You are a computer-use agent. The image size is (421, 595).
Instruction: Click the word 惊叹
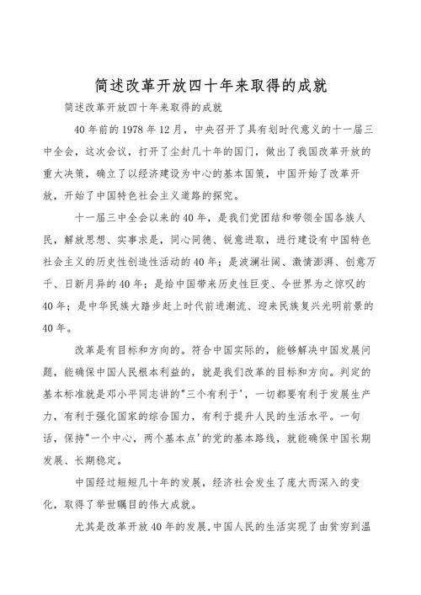pyautogui.click(x=337, y=283)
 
